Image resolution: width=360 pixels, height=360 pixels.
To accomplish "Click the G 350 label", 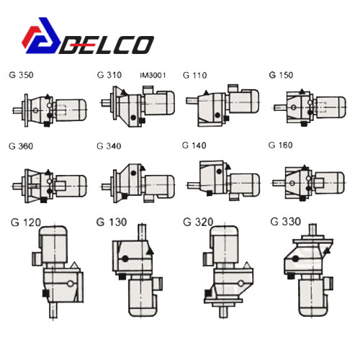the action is click(21, 75).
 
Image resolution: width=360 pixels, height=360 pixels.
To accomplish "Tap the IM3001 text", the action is click(153, 76).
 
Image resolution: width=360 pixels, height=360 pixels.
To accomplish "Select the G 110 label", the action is click(194, 75).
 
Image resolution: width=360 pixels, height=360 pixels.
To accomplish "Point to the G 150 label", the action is click(281, 75).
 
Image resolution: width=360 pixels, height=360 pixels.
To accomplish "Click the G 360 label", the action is click(21, 146).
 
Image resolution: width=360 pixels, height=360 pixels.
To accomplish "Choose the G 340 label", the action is click(109, 146).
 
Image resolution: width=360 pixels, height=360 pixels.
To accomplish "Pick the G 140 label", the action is click(194, 145).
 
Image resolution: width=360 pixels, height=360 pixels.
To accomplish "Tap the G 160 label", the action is click(280, 145).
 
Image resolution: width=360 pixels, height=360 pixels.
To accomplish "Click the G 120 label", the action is click(26, 222).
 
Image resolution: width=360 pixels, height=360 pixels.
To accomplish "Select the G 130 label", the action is click(112, 222).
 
